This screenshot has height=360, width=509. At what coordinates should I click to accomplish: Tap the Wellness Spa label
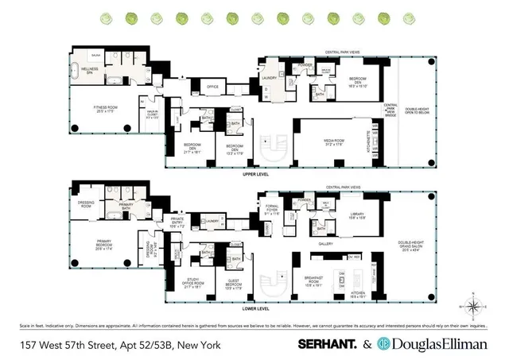pyautogui.click(x=89, y=70)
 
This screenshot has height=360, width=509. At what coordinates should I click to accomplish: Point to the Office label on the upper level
pyautogui.click(x=212, y=87)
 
